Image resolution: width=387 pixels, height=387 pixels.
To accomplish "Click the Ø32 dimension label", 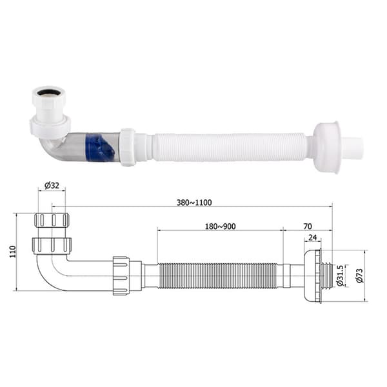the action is point(52,185).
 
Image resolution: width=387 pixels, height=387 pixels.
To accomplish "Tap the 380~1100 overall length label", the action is point(194,203).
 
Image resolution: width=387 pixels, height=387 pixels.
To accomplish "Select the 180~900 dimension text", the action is point(220,226).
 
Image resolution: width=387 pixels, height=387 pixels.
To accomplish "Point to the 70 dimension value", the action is point(308,226).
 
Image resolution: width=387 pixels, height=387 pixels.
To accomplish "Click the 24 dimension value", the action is point(312,237).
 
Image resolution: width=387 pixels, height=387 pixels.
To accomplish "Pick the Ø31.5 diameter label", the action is point(340,275).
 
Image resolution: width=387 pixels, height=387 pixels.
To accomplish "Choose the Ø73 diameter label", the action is point(360,275).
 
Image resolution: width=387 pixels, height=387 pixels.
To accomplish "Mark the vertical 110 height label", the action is point(13,252).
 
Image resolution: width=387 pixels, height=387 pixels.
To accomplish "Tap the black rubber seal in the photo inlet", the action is point(48,92).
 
